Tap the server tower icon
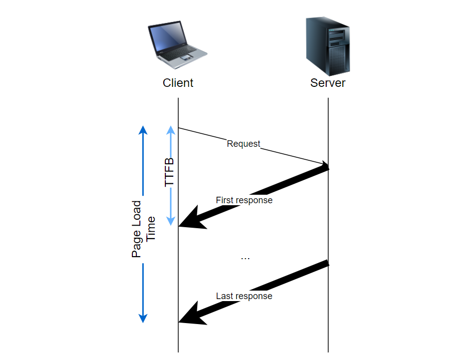tap(328, 45)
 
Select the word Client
tap(178, 83)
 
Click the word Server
tap(328, 83)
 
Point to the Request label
tap(244, 144)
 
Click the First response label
tap(244, 200)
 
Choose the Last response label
tap(244, 296)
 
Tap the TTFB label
tap(170, 172)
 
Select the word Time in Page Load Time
tap(151, 229)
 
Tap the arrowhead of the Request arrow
tap(325, 165)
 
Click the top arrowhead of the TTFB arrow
tap(171, 130)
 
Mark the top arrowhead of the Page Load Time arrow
tap(143, 130)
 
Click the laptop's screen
tap(168, 38)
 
